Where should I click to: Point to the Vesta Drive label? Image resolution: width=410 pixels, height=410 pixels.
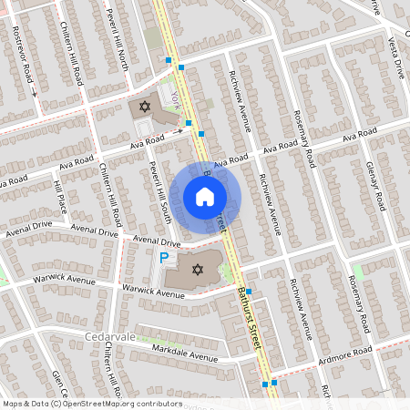click(398, 55)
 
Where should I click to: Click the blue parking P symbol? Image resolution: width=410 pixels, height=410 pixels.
click(165, 259)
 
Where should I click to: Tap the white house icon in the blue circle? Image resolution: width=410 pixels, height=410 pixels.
click(205, 197)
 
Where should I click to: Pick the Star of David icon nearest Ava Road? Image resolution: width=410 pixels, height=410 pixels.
click(142, 108)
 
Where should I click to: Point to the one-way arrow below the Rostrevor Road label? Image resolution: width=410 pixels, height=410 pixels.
click(34, 92)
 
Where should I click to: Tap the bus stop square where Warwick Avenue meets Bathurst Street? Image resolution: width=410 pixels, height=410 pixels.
click(248, 292)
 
